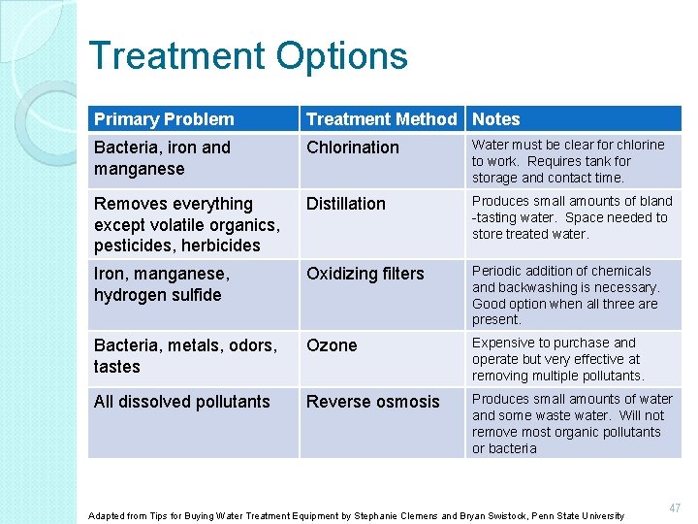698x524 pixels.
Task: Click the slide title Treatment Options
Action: point(247,56)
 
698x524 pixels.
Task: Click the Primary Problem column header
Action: point(164,119)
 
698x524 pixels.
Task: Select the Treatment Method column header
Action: point(381,119)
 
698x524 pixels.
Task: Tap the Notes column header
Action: point(496,119)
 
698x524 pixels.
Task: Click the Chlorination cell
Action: point(353,147)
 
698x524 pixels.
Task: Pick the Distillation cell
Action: point(346,204)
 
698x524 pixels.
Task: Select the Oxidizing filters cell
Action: point(365,274)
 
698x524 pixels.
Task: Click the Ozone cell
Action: point(332,345)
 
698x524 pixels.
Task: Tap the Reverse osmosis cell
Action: point(373,402)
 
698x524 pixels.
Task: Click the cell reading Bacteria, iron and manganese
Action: point(162,158)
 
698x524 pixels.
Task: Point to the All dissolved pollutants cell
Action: point(182,402)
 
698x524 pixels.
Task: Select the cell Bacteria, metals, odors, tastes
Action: point(185,356)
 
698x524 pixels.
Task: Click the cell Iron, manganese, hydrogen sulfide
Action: point(162,284)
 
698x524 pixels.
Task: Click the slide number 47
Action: point(675,508)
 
